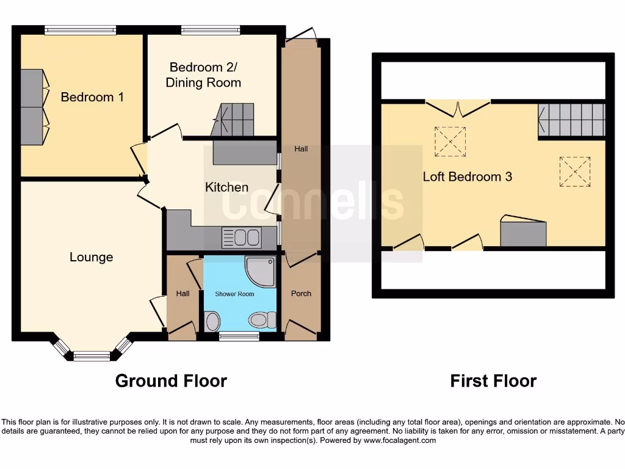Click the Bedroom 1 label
coord(92,97)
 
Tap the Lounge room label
coord(91,257)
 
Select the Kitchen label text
coord(226,187)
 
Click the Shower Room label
coord(234,294)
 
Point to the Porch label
coord(301,294)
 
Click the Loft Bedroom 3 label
coord(468,176)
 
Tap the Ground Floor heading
coord(171,381)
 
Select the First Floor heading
coord(493,381)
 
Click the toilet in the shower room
coord(264,319)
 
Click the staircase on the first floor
coord(571,120)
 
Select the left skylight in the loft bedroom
coord(450,142)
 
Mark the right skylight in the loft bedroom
coord(575,172)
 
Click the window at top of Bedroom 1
coord(80,29)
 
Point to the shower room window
coord(239,336)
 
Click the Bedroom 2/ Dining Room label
coord(203,75)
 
